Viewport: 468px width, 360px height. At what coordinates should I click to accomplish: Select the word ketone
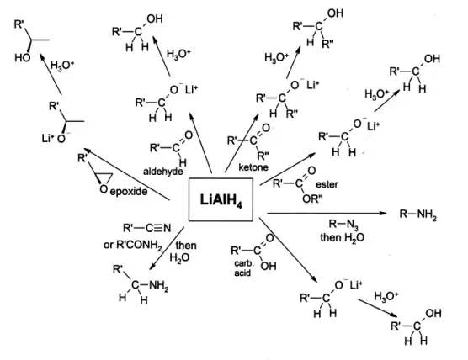pos(253,167)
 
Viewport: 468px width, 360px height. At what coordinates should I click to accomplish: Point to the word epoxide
pos(125,193)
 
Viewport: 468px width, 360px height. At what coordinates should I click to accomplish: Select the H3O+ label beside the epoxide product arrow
pos(62,65)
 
